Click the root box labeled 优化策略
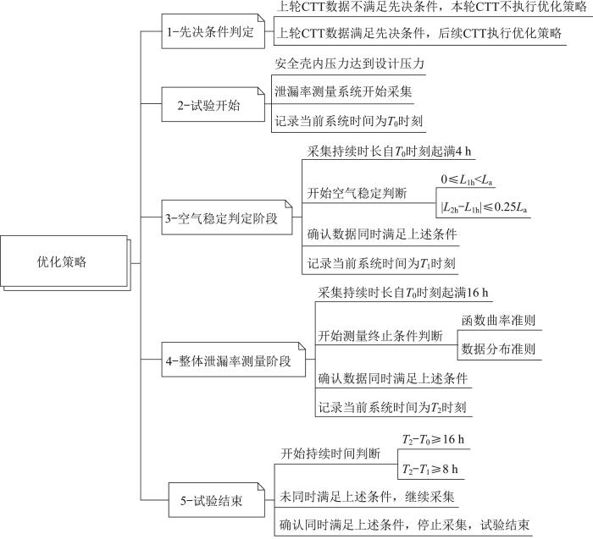coord(64,261)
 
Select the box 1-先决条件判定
coord(213,31)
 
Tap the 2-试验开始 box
coord(213,105)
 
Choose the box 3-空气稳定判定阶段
coord(227,217)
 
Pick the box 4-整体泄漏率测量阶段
coord(233,360)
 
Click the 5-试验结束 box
coord(216,500)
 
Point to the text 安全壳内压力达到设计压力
coord(349,63)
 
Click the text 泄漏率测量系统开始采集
coord(343,91)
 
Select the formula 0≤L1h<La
coord(467,179)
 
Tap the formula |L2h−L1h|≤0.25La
coord(484,207)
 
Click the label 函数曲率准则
coord(498,321)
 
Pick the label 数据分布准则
coord(498,349)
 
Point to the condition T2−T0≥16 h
coord(433,439)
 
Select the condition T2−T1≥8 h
coord(430,469)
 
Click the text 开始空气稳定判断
coord(357,194)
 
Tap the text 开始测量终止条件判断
coord(380,336)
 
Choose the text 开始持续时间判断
coord(330,454)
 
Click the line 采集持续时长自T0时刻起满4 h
coord(389,151)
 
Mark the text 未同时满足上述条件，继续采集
coord(367,497)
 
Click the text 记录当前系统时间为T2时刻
coord(391,407)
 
